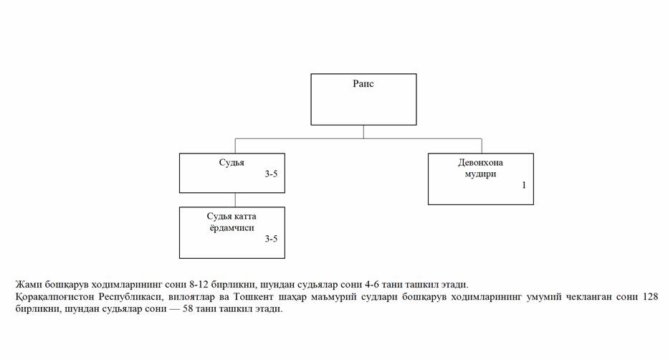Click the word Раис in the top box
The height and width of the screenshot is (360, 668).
click(363, 83)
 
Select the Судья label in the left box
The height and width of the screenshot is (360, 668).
click(232, 162)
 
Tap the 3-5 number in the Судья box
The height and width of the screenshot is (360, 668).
click(271, 174)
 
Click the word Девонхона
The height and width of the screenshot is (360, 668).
click(480, 162)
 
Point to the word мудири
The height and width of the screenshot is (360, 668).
click(480, 174)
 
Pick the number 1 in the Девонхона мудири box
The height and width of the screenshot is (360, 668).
click(524, 185)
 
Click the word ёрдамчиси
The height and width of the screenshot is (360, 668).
click(232, 228)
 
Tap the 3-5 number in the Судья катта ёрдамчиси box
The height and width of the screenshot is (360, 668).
click(271, 239)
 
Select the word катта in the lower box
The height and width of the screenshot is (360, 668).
click(244, 217)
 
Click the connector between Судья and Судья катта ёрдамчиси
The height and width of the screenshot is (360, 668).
click(235, 200)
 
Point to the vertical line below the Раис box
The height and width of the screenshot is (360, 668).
click(363, 132)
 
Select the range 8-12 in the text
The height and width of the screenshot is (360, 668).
click(199, 285)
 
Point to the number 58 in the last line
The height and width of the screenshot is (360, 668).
click(188, 309)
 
